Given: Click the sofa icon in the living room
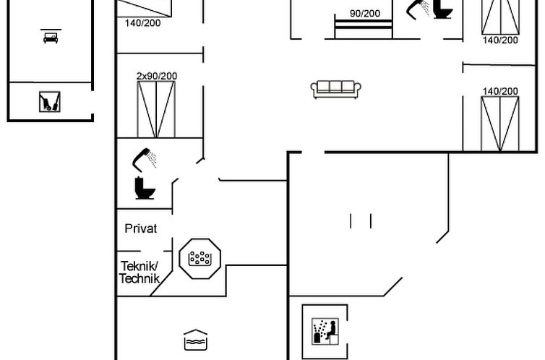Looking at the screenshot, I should [x=336, y=89].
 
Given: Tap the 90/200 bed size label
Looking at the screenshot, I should [x=364, y=13].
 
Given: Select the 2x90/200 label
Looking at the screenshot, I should [x=157, y=75].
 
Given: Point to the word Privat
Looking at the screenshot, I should [x=141, y=228].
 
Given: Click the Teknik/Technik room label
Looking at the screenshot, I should [x=139, y=273].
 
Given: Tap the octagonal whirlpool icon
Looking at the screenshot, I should [x=199, y=257].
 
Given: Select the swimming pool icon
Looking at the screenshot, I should [x=196, y=340].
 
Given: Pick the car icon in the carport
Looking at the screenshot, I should [x=51, y=37].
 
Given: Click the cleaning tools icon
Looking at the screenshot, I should [x=50, y=102].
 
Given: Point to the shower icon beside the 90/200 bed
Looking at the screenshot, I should [x=418, y=9].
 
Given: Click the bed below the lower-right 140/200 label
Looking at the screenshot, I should [x=500, y=124].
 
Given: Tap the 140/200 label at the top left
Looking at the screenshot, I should [x=143, y=23].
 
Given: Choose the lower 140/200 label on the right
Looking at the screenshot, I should [x=500, y=91].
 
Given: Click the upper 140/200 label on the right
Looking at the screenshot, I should [x=500, y=40].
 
